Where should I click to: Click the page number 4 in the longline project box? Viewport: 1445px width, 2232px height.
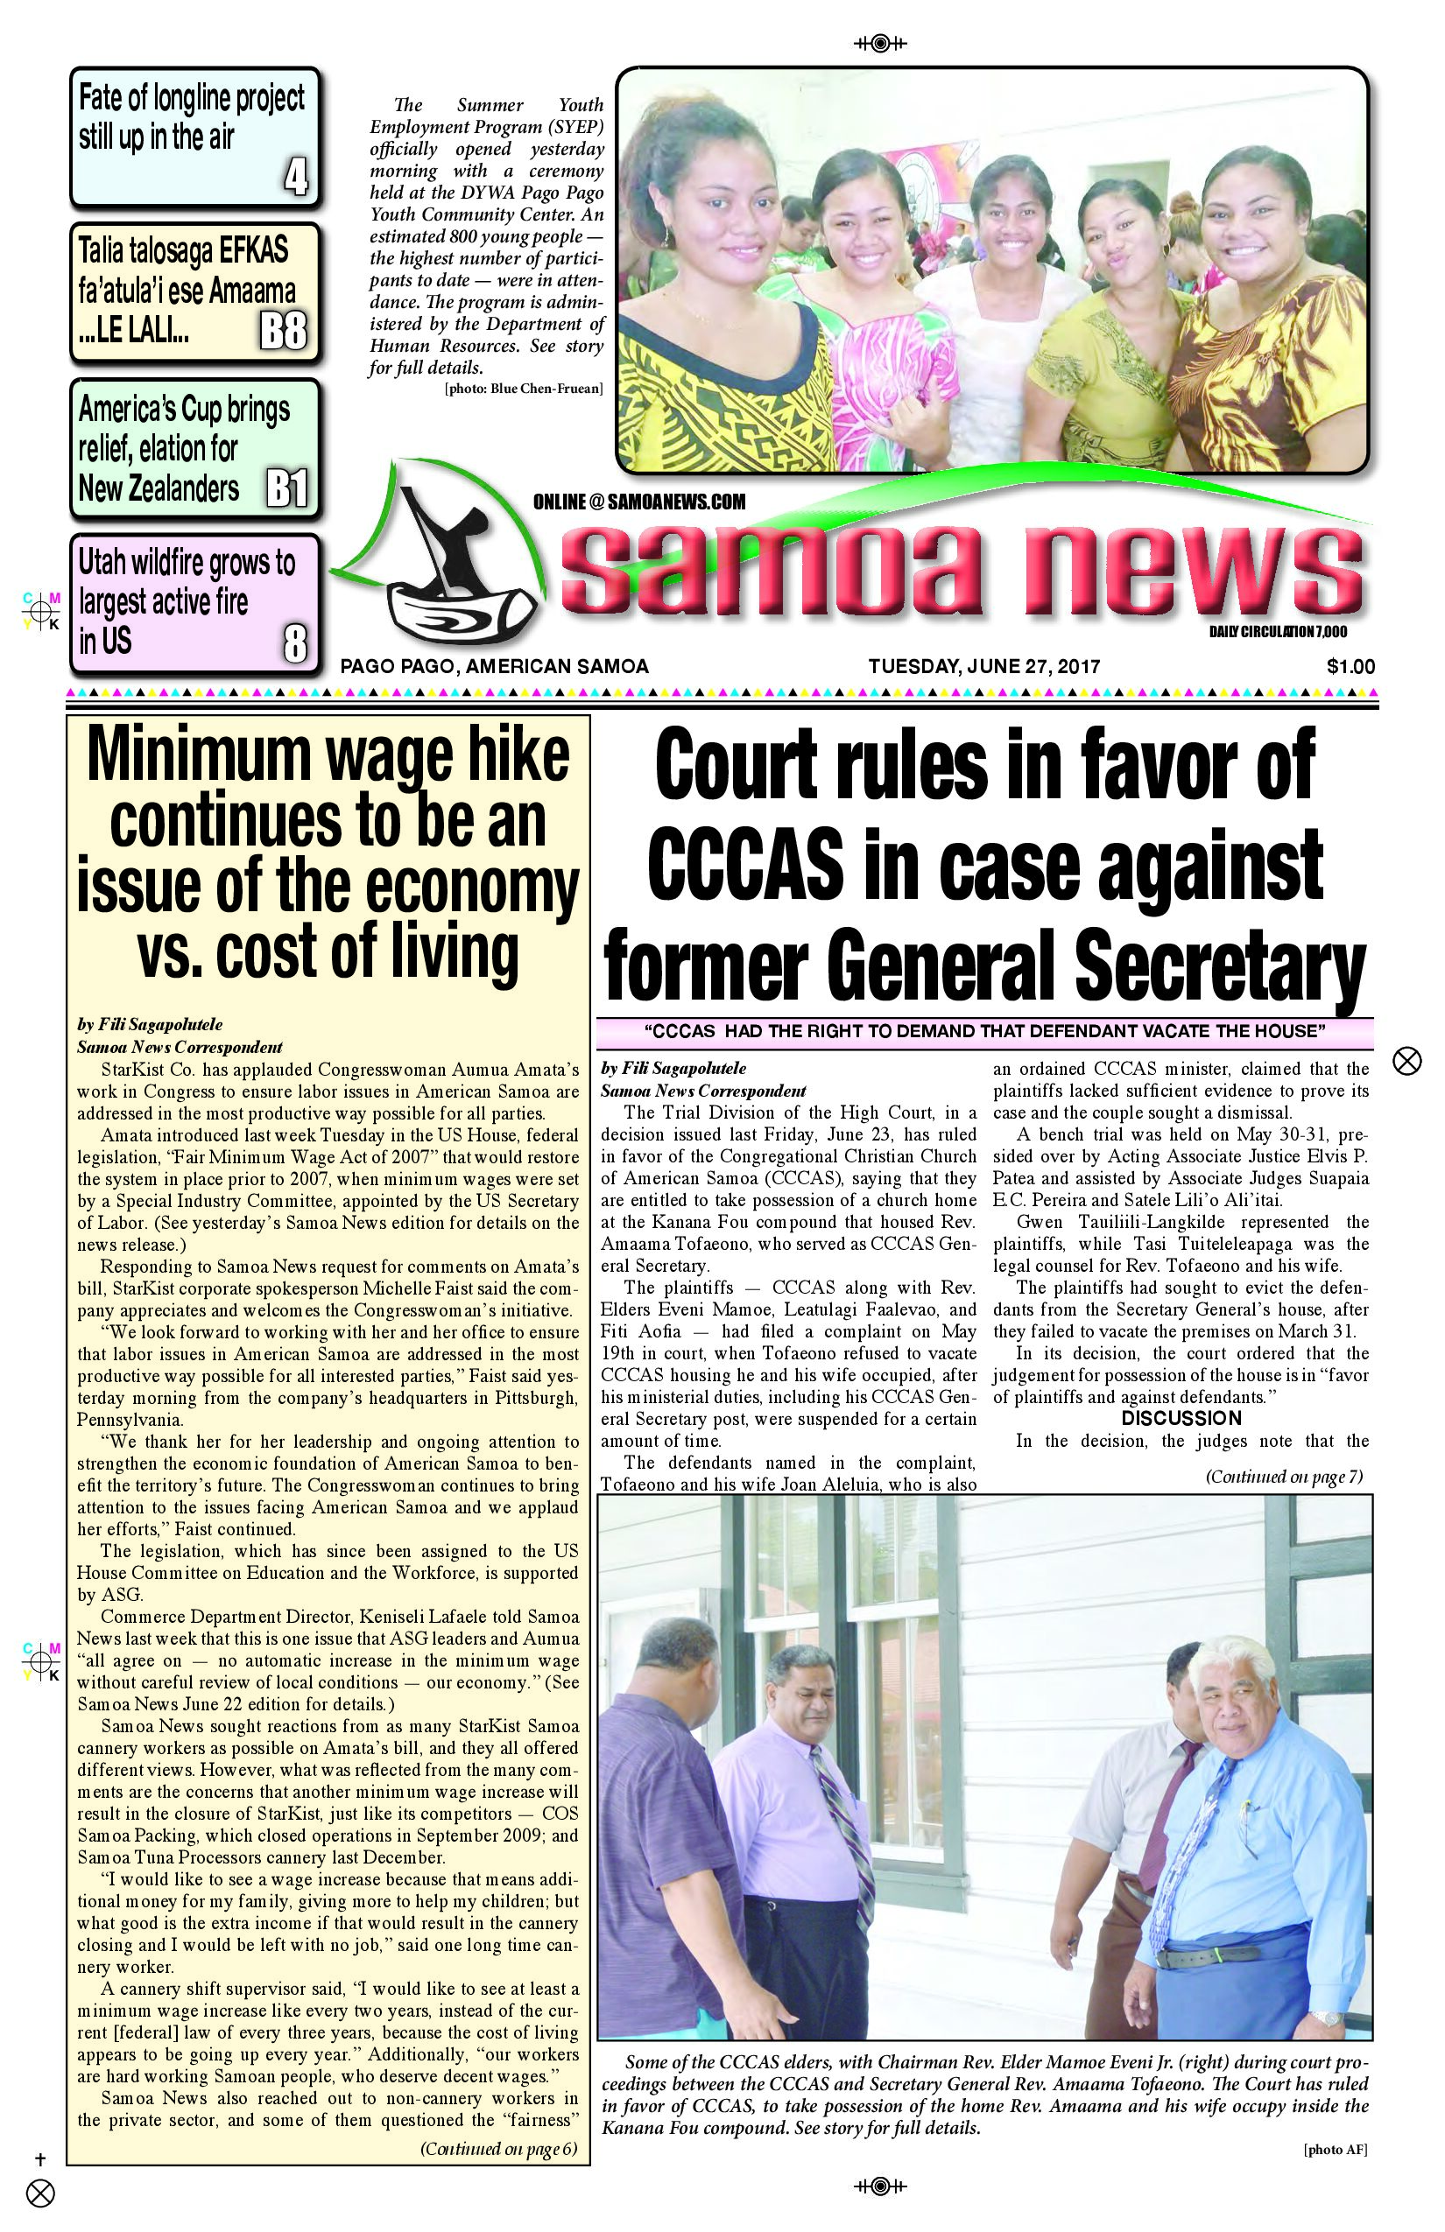[296, 176]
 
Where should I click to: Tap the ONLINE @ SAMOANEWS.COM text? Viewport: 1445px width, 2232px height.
[639, 502]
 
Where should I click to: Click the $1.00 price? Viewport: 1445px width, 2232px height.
[1350, 667]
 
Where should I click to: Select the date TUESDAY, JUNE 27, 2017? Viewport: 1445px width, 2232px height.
[983, 667]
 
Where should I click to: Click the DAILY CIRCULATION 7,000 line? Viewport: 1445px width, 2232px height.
[1277, 632]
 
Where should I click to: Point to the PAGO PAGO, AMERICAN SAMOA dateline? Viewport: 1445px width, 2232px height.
[495, 667]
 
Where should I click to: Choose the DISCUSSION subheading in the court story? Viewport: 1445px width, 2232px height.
[1181, 1418]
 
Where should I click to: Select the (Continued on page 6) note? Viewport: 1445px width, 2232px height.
[497, 2149]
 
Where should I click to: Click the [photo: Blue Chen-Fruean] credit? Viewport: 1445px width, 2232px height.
[524, 389]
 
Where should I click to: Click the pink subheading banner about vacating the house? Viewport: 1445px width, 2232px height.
[984, 1032]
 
